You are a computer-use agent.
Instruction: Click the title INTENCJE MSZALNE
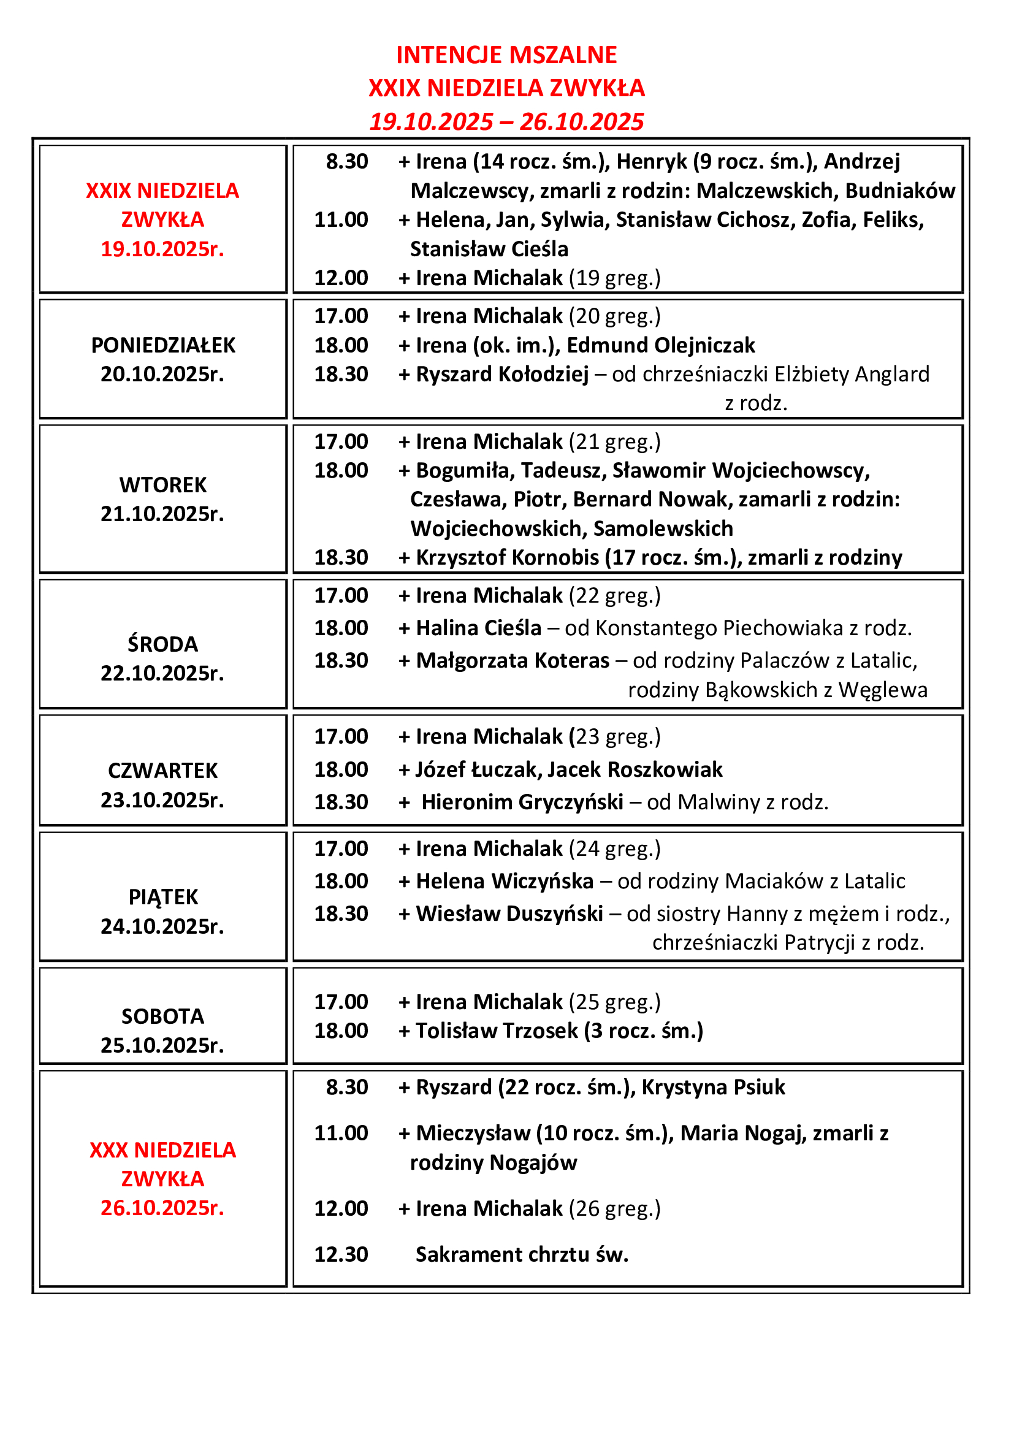[x=506, y=55]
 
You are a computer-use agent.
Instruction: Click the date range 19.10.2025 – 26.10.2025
[x=506, y=121]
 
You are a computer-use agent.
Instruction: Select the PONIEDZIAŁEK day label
[x=163, y=345]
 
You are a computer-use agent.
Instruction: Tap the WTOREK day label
[x=163, y=485]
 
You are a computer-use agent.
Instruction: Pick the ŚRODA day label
[x=163, y=644]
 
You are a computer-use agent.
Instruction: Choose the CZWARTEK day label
[x=163, y=771]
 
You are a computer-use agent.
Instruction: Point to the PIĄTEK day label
[x=163, y=897]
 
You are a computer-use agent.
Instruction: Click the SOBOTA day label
[x=163, y=1016]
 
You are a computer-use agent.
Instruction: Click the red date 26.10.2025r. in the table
[x=162, y=1208]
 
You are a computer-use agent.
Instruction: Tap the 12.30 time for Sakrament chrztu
[x=341, y=1254]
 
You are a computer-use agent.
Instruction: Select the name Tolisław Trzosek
[x=497, y=1031]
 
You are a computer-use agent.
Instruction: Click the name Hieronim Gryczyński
[x=522, y=802]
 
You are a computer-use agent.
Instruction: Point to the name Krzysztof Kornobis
[x=507, y=557]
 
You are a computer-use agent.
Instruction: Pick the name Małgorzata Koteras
[x=513, y=660]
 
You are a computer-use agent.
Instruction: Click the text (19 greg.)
[x=614, y=278]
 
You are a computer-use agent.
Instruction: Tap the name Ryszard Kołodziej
[x=503, y=374]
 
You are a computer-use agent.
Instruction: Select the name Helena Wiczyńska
[x=505, y=880]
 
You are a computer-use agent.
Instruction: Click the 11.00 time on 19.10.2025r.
[x=341, y=220]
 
